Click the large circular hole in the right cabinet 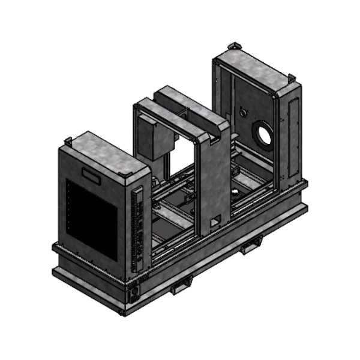263,133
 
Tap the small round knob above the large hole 243,112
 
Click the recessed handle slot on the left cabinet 92,175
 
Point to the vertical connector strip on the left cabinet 138,228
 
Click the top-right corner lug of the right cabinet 291,77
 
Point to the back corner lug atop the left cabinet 69,141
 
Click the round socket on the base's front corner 134,292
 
